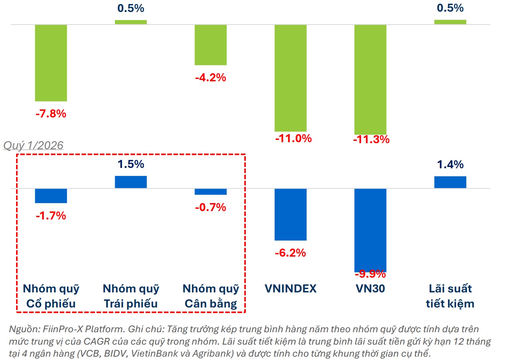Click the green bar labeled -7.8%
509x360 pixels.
tap(51, 63)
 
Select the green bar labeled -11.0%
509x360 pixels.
tap(290, 78)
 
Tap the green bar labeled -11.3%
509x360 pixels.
tap(370, 80)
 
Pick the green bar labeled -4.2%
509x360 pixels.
tap(211, 45)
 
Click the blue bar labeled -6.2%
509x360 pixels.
tap(290, 214)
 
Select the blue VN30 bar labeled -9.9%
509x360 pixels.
tap(370, 230)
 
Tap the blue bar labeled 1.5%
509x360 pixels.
tap(131, 182)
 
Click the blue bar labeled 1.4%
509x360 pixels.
tap(450, 182)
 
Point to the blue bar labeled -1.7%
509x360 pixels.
tap(51, 196)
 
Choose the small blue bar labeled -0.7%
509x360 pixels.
tap(211, 192)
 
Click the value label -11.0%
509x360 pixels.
tap(293, 138)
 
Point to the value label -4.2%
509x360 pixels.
tap(211, 78)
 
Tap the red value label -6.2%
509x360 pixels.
tap(290, 253)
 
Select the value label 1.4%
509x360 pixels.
tap(450, 164)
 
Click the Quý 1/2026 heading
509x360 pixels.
tap(33, 145)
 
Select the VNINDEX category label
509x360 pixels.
tap(290, 288)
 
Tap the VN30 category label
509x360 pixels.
tap(370, 288)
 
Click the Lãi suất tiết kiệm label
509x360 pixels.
tap(450, 296)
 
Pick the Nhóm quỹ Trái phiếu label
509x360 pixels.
tap(131, 296)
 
